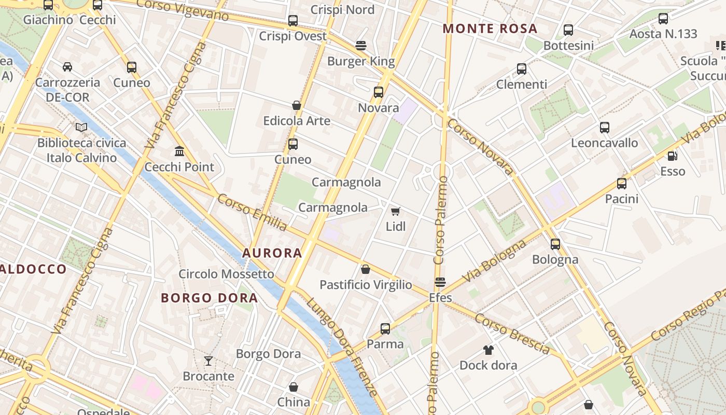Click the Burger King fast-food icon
(x=361, y=46)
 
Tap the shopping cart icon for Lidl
(x=396, y=211)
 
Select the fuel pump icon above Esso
(x=672, y=155)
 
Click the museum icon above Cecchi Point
(x=179, y=151)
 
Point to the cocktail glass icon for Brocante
(x=208, y=361)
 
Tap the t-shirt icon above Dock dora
(x=488, y=350)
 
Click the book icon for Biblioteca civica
(x=81, y=127)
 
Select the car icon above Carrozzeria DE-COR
(x=67, y=66)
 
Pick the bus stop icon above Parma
(x=385, y=328)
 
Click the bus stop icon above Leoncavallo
(x=604, y=127)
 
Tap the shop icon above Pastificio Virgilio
(x=366, y=269)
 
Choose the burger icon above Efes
(x=440, y=282)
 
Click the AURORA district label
(x=272, y=253)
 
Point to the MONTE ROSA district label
(x=490, y=29)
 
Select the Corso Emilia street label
(x=252, y=213)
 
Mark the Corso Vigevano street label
(x=184, y=10)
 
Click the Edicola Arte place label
(x=297, y=121)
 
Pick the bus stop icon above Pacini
(x=622, y=183)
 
